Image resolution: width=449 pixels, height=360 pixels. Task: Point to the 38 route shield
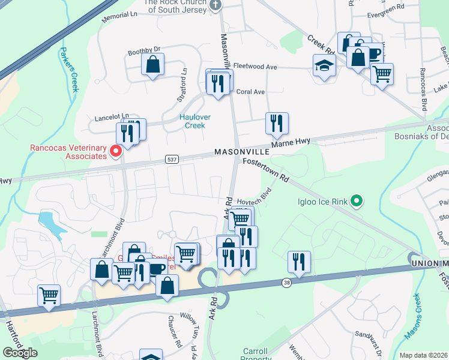point(288,282)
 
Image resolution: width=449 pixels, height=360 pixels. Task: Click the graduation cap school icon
point(324,65)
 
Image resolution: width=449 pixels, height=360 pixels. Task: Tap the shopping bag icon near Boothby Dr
point(153,64)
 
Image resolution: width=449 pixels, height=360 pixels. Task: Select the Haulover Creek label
point(192,121)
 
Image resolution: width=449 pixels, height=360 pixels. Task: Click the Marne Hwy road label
point(290,143)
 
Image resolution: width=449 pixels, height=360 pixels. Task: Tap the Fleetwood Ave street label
point(255,67)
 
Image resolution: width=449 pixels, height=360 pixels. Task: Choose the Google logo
point(20,353)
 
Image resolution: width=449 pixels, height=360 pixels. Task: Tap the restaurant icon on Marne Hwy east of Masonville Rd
point(277,123)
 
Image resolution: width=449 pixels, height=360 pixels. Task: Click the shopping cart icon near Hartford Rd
point(49,295)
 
